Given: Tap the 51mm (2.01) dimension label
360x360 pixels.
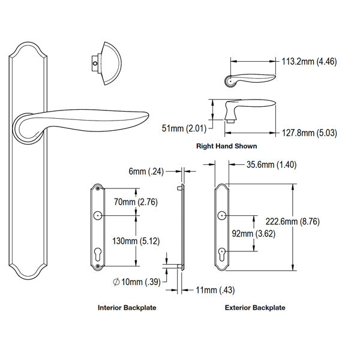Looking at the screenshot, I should [x=184, y=128].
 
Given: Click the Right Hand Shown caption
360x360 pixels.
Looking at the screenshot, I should [x=227, y=146].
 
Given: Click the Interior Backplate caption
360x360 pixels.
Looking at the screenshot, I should [x=127, y=308].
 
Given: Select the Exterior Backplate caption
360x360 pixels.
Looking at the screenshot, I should [x=255, y=308].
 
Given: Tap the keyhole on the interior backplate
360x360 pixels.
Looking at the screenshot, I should [x=97, y=255].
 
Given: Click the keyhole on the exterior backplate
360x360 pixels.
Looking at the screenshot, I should [x=223, y=254].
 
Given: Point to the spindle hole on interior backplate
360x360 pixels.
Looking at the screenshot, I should [x=97, y=215].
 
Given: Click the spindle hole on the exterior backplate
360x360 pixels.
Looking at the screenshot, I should [x=223, y=214].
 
